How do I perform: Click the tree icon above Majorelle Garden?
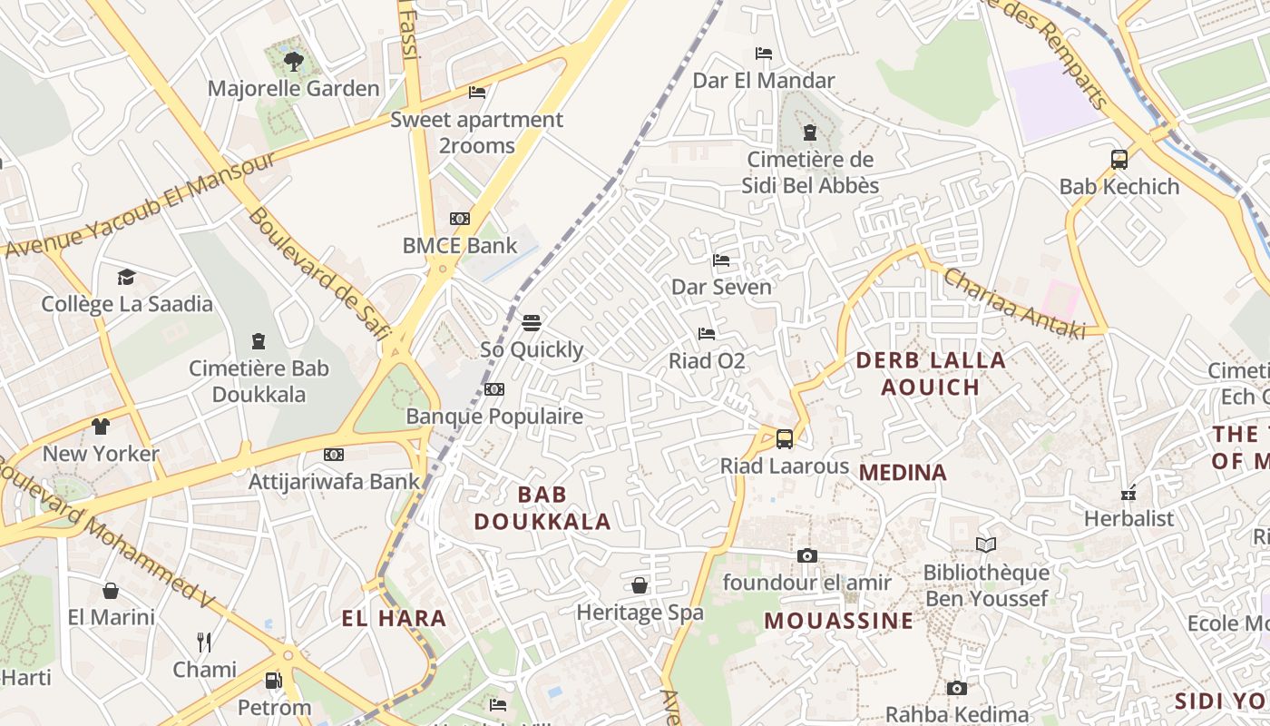(293, 62)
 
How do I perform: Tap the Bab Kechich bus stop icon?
(1119, 160)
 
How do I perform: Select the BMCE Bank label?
(460, 245)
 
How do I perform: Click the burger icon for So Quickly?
(532, 323)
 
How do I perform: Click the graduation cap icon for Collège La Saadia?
(126, 277)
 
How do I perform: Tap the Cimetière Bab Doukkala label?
(259, 381)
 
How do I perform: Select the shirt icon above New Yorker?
(101, 426)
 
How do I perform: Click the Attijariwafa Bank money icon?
(334, 455)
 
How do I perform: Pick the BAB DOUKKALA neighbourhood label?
(542, 508)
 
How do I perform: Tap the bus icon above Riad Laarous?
(785, 439)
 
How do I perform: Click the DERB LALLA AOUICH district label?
(931, 373)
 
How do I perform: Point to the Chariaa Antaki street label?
(1014, 303)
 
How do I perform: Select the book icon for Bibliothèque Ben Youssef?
(986, 545)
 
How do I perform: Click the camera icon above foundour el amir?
(806, 555)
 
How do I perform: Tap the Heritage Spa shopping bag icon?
(640, 585)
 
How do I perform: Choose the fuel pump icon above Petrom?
(273, 681)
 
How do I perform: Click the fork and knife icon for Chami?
(204, 643)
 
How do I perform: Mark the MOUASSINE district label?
(838, 621)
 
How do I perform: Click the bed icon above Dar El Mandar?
(764, 54)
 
